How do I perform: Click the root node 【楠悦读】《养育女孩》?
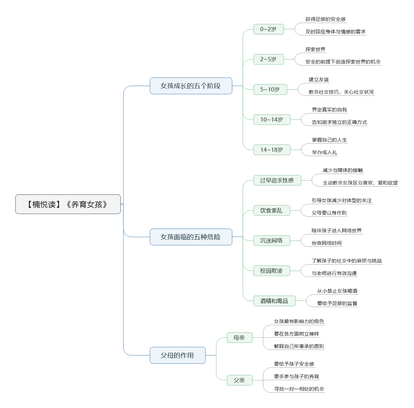tap(68, 204)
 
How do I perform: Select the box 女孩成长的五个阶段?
tap(191, 86)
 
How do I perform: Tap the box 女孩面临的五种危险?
tap(191, 237)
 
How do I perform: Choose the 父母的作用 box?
tap(177, 355)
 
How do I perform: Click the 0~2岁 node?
tap(269, 29)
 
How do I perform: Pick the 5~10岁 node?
tap(270, 90)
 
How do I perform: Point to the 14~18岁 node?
tap(272, 150)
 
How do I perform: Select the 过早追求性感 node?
tap(277, 180)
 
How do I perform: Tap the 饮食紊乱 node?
tap(272, 210)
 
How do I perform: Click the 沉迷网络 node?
tap(272, 241)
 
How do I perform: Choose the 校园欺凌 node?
tap(272, 271)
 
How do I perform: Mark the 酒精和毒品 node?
tap(274, 301)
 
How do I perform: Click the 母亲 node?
tap(239, 338)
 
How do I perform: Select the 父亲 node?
tap(239, 380)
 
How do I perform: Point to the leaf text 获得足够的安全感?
tap(325, 19)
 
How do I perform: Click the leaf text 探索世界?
tap(315, 49)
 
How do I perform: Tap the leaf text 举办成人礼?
tap(324, 153)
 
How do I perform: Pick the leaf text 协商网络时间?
tap(326, 243)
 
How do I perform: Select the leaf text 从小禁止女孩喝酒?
tap(337, 291)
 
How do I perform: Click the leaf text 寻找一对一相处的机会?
tap(299, 389)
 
